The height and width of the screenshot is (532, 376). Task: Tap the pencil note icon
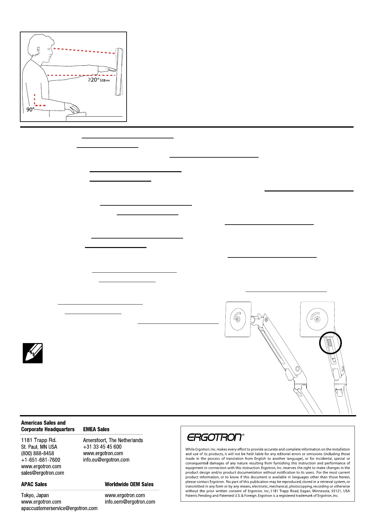33,353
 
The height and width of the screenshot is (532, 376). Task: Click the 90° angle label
30,109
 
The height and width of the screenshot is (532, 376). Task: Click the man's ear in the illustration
39,50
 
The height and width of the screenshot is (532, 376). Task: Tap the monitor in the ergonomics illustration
119,71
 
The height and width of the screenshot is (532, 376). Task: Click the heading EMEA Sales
96,429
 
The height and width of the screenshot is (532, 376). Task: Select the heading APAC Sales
34,484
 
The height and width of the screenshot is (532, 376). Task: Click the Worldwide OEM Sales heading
129,484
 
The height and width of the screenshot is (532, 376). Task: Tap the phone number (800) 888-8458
38,453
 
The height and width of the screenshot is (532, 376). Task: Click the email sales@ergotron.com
43,473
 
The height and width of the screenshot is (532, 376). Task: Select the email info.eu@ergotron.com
106,460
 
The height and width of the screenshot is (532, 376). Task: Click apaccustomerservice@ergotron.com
59,508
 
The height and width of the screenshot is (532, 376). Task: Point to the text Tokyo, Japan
35,495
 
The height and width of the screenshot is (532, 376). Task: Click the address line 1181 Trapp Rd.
39,440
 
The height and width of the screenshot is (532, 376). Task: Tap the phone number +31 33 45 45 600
102,447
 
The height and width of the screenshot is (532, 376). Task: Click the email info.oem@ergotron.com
130,502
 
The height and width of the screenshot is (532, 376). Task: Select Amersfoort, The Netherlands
113,440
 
